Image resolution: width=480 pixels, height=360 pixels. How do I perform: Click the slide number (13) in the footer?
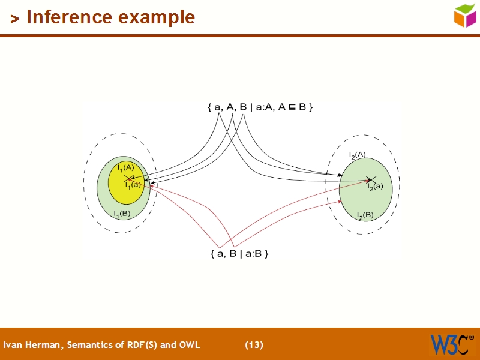click(x=254, y=344)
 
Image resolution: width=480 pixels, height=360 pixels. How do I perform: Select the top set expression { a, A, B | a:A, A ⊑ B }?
click(x=260, y=107)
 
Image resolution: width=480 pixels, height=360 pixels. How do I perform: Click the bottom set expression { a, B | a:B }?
click(x=239, y=254)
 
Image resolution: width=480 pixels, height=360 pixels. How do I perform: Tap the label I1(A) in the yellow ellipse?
click(x=125, y=167)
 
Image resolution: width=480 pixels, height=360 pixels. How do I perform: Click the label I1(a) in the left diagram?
click(x=133, y=185)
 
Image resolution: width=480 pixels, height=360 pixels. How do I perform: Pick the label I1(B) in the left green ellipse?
click(x=122, y=213)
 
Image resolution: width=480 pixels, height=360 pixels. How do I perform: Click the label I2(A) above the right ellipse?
click(x=357, y=155)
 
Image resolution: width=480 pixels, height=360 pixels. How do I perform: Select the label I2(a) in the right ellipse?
click(x=375, y=187)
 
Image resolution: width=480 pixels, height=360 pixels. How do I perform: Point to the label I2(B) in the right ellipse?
click(x=365, y=215)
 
